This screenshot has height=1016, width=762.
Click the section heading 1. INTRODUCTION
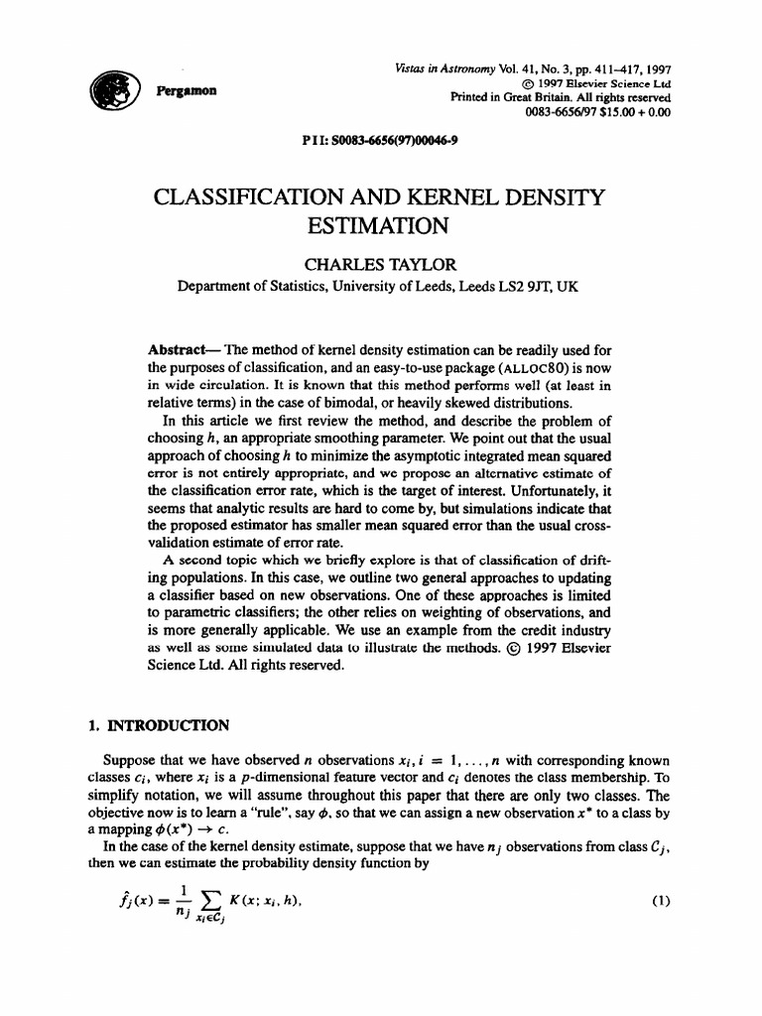pos(160,725)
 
